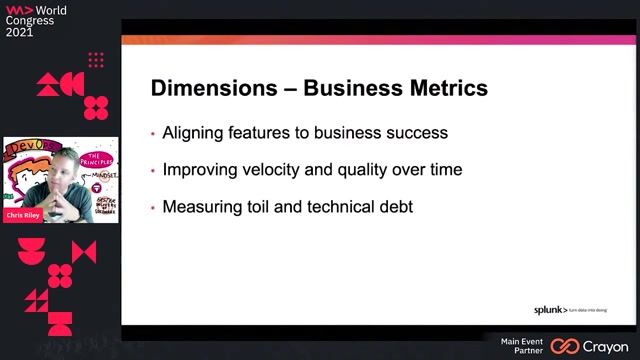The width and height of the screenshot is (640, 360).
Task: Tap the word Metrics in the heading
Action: click(x=441, y=88)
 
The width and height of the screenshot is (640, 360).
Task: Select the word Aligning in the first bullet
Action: click(x=195, y=132)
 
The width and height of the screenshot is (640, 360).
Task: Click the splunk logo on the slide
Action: click(x=549, y=310)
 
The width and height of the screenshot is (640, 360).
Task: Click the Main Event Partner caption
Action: click(x=521, y=346)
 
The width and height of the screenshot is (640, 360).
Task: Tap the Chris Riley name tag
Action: click(x=25, y=214)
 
